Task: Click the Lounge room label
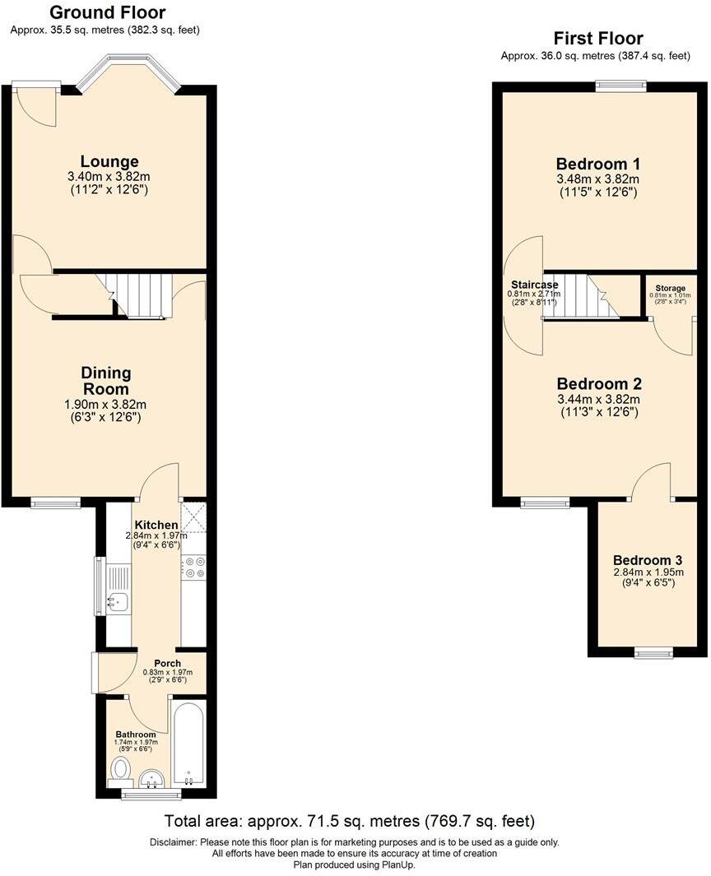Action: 109,161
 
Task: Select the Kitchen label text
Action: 156,526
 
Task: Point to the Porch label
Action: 168,663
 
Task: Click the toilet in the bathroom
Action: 119,770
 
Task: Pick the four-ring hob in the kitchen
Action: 194,568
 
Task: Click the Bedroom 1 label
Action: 598,163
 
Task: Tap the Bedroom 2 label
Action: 599,384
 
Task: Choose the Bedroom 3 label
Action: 648,559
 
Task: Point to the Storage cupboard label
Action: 670,289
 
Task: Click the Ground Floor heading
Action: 107,13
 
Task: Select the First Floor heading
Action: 598,39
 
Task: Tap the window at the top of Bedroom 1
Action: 621,84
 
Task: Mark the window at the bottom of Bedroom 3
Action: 653,654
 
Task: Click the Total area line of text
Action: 350,821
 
